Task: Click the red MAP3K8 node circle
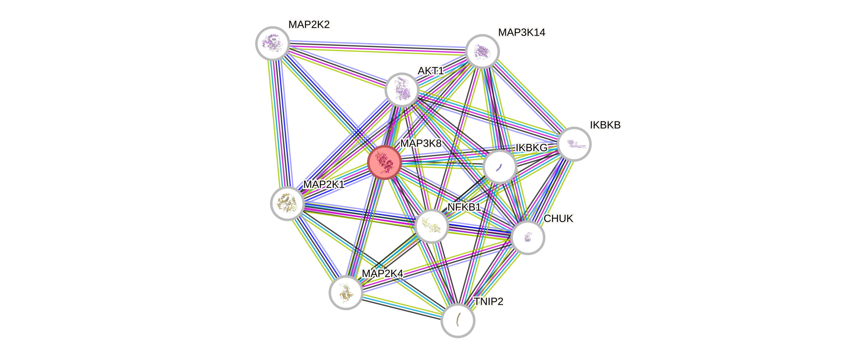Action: (384, 162)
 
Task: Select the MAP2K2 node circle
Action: (272, 43)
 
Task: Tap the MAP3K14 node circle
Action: (482, 51)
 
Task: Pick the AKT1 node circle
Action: (402, 89)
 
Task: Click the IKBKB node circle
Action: (574, 144)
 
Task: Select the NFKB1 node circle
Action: (431, 226)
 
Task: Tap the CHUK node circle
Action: (528, 238)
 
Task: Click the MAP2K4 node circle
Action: (346, 292)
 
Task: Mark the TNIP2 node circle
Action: (458, 320)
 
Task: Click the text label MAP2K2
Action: (309, 24)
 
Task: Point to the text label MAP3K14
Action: (522, 33)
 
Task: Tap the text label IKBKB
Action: (605, 125)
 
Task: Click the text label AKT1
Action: (431, 71)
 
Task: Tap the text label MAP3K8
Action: (421, 143)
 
